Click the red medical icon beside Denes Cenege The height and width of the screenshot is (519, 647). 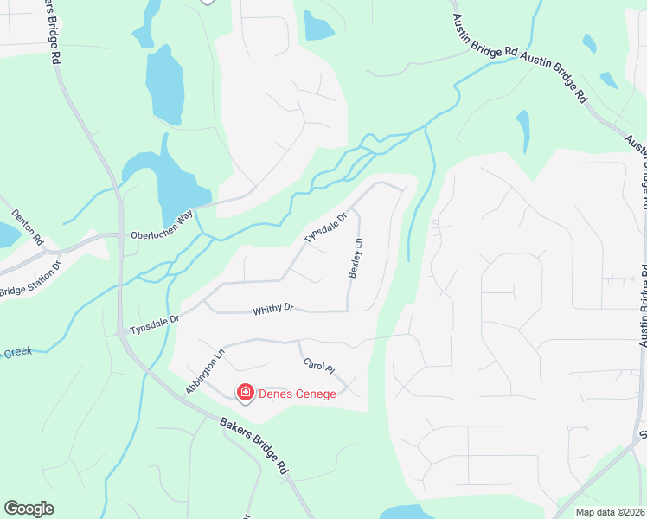click(x=246, y=394)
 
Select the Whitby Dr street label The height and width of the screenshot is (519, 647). click(x=273, y=308)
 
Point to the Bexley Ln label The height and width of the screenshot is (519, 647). click(x=355, y=259)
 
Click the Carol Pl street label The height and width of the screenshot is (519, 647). click(x=318, y=368)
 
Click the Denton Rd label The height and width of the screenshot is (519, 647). click(x=27, y=227)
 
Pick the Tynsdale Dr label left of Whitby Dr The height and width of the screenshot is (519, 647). click(x=154, y=324)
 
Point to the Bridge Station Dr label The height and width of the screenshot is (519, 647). click(x=30, y=279)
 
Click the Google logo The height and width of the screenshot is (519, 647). click(x=29, y=509)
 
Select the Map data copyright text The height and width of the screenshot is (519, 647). click(x=610, y=512)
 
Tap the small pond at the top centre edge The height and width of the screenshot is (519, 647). click(x=317, y=26)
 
